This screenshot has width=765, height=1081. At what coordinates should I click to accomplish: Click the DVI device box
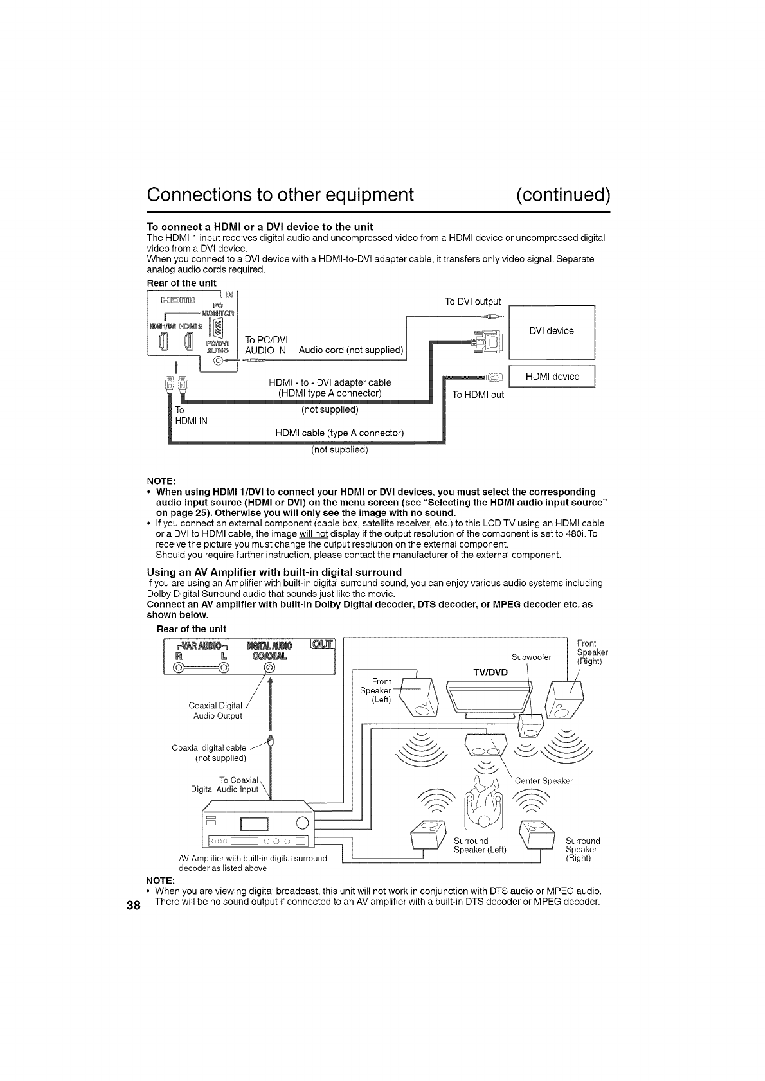(x=552, y=332)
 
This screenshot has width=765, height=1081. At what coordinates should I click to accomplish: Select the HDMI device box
(x=552, y=377)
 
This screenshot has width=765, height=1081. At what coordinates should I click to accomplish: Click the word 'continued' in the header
(x=562, y=194)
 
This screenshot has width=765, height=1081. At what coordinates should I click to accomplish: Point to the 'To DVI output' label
(x=473, y=301)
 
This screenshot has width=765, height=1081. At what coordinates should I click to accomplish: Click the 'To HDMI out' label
(x=478, y=394)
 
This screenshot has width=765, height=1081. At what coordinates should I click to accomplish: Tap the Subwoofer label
(x=531, y=657)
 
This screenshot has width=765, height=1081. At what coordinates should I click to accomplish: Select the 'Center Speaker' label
(x=543, y=781)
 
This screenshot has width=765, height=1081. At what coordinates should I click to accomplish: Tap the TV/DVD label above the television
(x=490, y=673)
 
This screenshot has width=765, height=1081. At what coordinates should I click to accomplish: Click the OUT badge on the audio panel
(x=322, y=645)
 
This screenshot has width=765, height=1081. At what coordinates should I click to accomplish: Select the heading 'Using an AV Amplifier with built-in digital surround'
(x=274, y=572)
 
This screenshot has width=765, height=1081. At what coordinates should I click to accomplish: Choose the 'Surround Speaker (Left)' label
(x=480, y=845)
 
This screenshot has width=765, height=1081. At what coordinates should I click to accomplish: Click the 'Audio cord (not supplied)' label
(x=351, y=350)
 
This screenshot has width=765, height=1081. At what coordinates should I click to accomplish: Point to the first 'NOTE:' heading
(x=161, y=481)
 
